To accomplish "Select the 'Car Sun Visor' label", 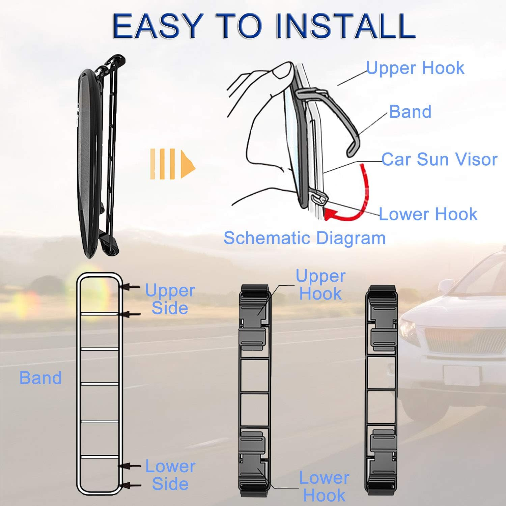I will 439,159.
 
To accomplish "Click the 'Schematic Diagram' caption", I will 304,238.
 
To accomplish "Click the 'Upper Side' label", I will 170,299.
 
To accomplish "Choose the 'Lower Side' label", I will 170,475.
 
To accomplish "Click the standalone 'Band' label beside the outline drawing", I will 40,378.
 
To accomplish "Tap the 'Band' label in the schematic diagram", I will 410,112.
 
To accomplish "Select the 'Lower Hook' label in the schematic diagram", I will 428,214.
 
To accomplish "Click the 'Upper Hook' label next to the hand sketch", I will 415,68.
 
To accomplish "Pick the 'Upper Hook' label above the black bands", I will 320,285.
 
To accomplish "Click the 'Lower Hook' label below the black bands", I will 324,486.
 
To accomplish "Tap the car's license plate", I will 461,375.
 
